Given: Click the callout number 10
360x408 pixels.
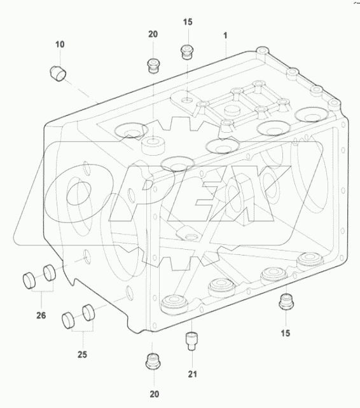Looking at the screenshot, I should [x=59, y=44].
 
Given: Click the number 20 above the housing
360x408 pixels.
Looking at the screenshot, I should [x=153, y=35].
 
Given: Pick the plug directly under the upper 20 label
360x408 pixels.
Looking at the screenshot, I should [x=153, y=64].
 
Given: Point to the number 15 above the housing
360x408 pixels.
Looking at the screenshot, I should [x=188, y=22].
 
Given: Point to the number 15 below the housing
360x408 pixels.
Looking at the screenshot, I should [x=286, y=332].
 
